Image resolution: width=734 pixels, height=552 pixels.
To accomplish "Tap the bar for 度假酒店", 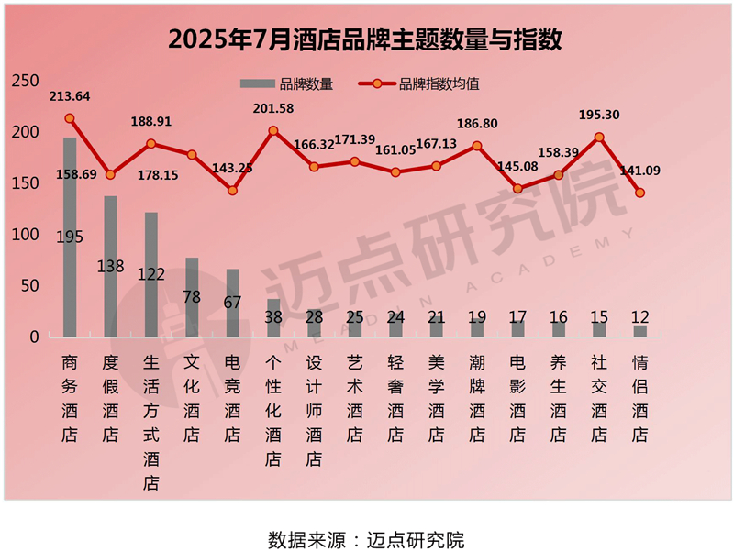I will click(110, 266).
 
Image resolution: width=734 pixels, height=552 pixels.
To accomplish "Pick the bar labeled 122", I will click(150, 274).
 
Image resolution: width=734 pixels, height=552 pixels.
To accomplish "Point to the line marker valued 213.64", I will click(70, 118).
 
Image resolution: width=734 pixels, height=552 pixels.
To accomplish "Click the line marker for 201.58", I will click(273, 130).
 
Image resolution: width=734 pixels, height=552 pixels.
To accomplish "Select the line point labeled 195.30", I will click(599, 137).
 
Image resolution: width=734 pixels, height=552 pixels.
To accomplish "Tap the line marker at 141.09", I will click(640, 193).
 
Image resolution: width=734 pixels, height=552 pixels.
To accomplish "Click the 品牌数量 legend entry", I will click(286, 83).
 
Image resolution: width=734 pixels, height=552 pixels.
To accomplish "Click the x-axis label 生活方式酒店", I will click(151, 423).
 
